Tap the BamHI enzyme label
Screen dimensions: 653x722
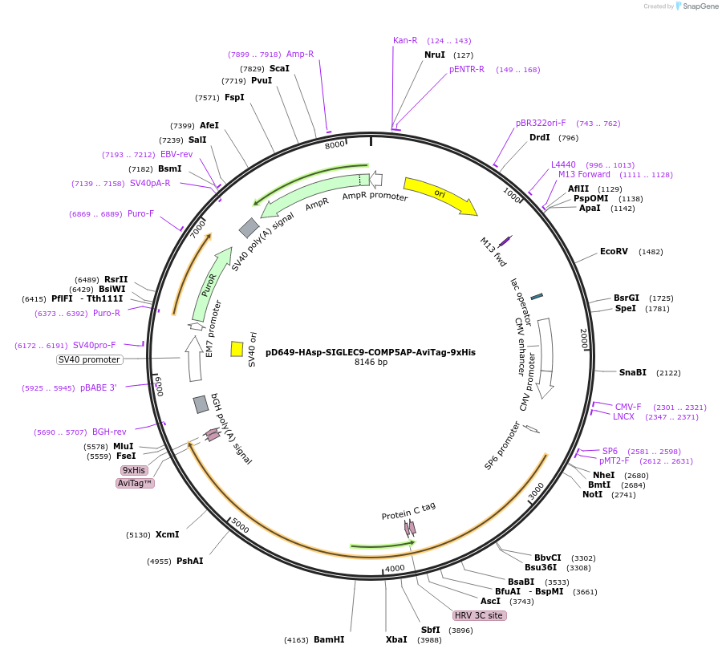point(329,639)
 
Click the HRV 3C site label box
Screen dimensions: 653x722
point(479,615)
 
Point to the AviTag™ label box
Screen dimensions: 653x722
point(135,483)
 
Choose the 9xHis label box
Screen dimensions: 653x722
point(134,470)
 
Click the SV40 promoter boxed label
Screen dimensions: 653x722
point(89,359)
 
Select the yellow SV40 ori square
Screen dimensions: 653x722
point(237,349)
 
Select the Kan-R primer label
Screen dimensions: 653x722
point(405,40)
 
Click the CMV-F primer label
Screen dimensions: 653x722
point(628,407)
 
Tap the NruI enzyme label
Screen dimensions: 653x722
point(434,55)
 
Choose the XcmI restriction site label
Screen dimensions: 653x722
point(167,534)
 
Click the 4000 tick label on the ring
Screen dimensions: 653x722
point(395,569)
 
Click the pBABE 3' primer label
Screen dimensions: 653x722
point(98,387)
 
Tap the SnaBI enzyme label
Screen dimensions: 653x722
point(632,372)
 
